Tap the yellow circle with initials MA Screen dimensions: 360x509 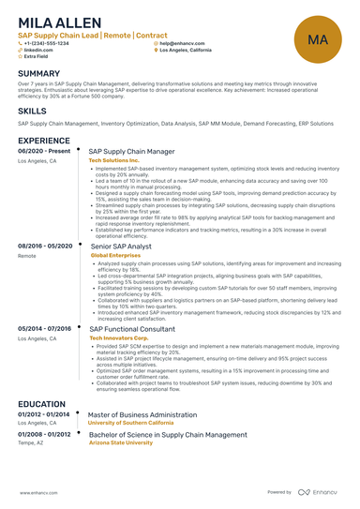(x=316, y=40)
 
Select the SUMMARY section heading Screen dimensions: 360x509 (x=38, y=73)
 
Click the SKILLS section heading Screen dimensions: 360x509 (x=32, y=111)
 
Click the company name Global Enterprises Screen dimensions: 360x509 (x=116, y=254)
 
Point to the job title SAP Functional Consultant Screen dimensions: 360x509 (x=131, y=329)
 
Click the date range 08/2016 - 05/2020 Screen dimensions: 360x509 (x=44, y=245)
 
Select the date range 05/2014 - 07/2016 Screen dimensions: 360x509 (x=44, y=329)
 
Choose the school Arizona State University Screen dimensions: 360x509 (x=120, y=442)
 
